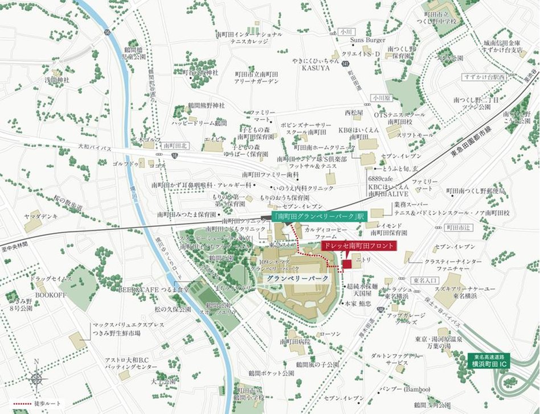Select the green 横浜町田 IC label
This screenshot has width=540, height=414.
point(489,360)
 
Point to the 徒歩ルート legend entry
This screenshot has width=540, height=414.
point(34,404)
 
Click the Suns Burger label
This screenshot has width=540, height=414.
point(367,40)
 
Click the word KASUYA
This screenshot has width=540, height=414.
point(316,68)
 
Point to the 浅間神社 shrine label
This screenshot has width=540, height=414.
point(58,80)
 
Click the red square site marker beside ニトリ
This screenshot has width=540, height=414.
point(347,266)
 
